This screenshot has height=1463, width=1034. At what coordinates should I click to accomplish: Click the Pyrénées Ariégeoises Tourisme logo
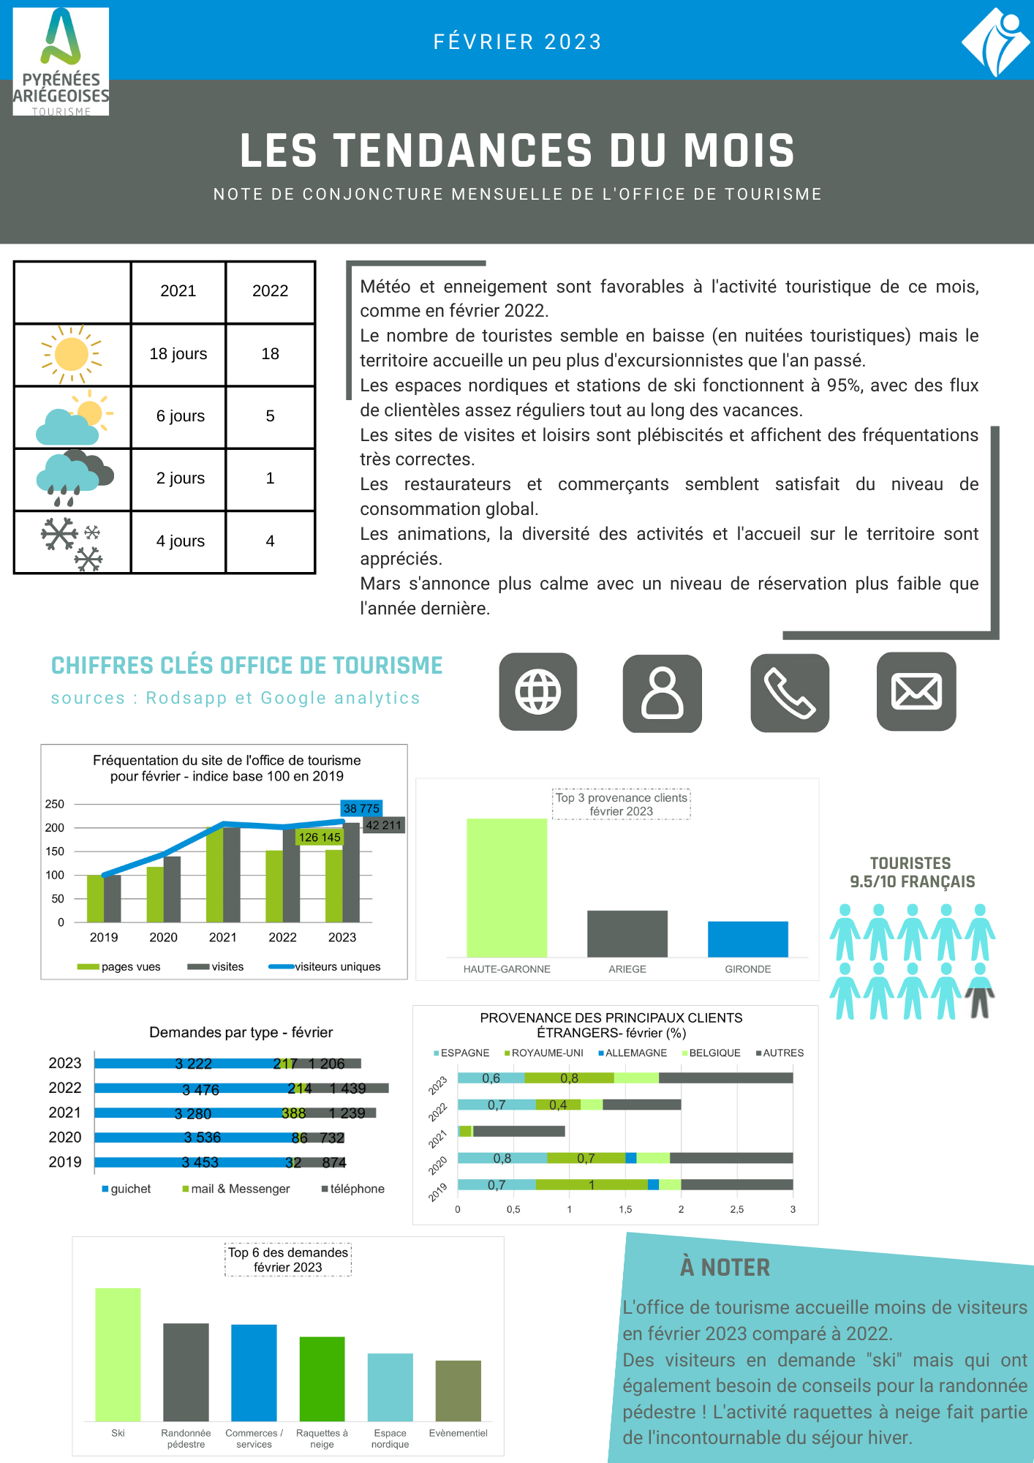pyautogui.click(x=61, y=61)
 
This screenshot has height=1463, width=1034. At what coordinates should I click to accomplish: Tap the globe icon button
pyautogui.click(x=538, y=692)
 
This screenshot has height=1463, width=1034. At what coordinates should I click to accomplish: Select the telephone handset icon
pyautogui.click(x=790, y=693)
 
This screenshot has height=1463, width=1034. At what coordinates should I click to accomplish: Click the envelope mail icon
pyautogui.click(x=916, y=692)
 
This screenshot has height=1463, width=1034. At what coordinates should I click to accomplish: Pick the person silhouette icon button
pyautogui.click(x=663, y=693)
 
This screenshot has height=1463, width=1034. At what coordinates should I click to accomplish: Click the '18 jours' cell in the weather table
pyautogui.click(x=178, y=354)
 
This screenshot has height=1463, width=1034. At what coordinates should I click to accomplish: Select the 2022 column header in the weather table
pyautogui.click(x=270, y=291)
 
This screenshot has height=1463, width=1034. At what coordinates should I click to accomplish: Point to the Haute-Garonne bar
pyautogui.click(x=507, y=887)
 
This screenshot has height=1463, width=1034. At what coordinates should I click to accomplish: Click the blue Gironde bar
pyautogui.click(x=747, y=939)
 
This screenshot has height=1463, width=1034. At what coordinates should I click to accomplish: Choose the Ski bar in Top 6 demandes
pyautogui.click(x=118, y=1354)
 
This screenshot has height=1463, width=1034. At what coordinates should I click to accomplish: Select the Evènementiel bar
pyautogui.click(x=458, y=1391)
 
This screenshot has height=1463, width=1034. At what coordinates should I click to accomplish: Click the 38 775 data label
pyautogui.click(x=361, y=808)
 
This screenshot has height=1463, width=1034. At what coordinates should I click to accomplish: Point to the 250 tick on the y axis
pyautogui.click(x=55, y=804)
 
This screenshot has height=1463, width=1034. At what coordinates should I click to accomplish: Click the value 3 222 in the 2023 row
pyautogui.click(x=193, y=1064)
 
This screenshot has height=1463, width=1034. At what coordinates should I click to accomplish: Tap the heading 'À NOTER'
pyautogui.click(x=725, y=1267)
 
